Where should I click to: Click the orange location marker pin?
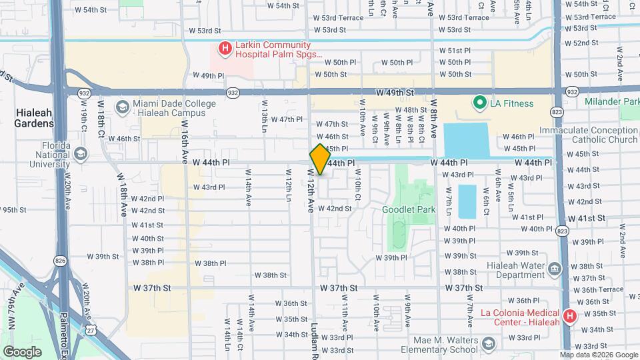coord(320,159)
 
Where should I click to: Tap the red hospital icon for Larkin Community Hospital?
coord(225,48)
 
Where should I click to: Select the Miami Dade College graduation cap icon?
coord(122,107)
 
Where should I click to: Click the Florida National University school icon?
coord(81,155)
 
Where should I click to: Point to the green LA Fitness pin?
coord(479,103)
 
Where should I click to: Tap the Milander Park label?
coord(611,102)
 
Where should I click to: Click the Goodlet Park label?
coord(408,209)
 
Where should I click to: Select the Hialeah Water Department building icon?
coord(554,269)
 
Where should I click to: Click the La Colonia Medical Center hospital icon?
coord(570,316)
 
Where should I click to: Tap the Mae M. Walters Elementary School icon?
coord(489,344)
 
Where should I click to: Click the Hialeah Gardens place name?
coord(35,119)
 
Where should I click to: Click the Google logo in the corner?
coord(22,351)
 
